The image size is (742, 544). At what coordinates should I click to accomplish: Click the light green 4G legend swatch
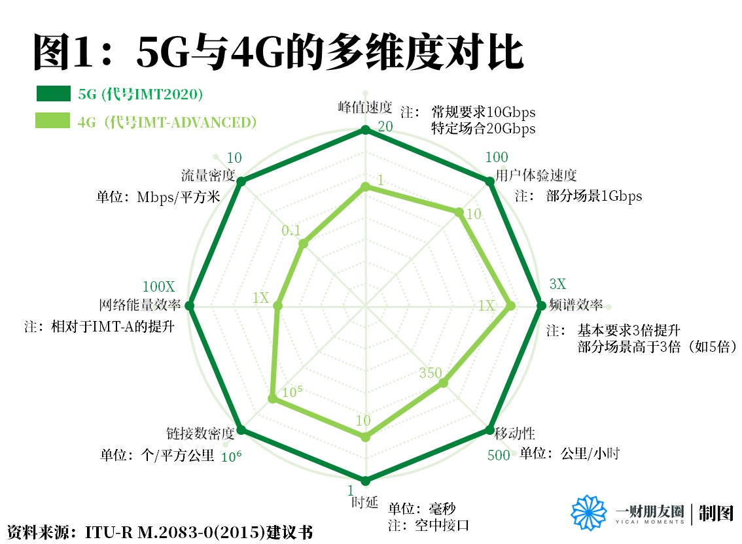(52, 122)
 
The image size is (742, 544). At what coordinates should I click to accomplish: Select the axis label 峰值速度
(365, 107)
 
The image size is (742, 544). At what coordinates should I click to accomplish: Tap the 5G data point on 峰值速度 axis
(366, 131)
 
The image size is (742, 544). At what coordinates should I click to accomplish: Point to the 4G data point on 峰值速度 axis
(366, 188)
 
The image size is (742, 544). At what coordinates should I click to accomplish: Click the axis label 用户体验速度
(536, 175)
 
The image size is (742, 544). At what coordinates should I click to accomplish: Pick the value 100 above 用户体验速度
(497, 158)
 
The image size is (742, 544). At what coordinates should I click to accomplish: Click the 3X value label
(557, 284)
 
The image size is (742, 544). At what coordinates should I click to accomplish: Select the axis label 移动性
(515, 433)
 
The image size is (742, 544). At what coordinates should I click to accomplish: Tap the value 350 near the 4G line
(431, 373)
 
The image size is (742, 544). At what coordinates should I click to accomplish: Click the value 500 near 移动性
(499, 456)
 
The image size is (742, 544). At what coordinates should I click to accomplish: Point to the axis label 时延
(365, 502)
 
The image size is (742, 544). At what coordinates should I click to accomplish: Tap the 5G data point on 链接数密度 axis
(240, 430)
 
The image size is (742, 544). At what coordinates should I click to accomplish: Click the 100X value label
(159, 287)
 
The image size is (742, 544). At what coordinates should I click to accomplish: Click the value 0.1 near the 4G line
(291, 230)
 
